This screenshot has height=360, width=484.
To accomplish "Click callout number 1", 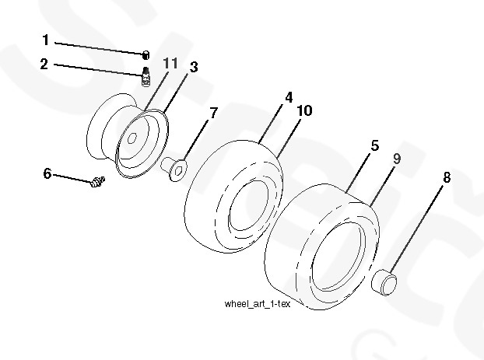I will tap(46, 39).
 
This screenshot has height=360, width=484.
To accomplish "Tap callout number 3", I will tap(193, 68).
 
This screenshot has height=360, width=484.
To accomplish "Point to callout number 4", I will tap(289, 99).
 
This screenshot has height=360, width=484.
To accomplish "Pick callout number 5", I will tap(374, 145).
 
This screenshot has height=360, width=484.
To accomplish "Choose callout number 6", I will tap(47, 173).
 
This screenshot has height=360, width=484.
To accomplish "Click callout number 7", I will tap(213, 114).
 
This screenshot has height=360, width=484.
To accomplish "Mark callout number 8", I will tap(447, 177).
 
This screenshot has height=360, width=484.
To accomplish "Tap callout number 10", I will tap(303, 111).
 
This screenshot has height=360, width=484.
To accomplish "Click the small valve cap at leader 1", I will tap(145, 54).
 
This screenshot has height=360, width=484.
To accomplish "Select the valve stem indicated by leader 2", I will tap(145, 75).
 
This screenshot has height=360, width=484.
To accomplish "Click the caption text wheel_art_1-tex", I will tap(256, 304).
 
